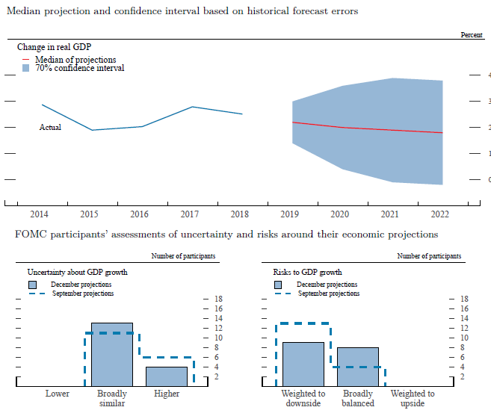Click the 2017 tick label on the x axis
(188, 214)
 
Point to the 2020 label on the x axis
(340, 214)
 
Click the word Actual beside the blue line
(50, 128)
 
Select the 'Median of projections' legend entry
(75, 60)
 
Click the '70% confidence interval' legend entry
(79, 68)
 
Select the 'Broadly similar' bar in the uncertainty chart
(112, 354)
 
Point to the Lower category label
(58, 394)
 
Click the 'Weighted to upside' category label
(413, 398)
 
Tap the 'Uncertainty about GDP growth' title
(77, 272)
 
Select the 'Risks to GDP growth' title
(307, 272)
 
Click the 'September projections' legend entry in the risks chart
(328, 294)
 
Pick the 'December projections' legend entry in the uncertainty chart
(81, 285)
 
